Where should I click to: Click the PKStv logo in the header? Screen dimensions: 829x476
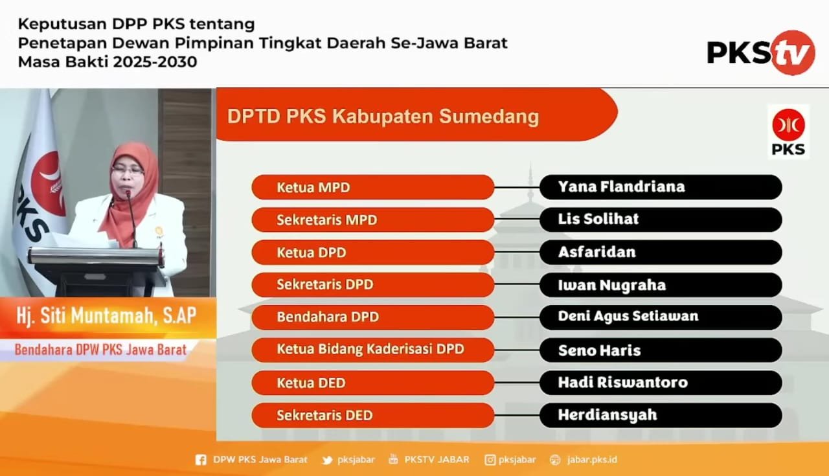761,52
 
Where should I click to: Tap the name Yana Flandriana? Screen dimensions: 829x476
621,187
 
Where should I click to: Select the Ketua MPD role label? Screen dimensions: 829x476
313,187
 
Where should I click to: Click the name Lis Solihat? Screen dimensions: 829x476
598,219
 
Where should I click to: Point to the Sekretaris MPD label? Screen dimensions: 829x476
327,220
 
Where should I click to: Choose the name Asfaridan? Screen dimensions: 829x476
596,252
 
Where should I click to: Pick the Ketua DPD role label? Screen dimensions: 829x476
312,253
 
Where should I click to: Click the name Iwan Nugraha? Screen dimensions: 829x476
612,285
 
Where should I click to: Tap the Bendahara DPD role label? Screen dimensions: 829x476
328,317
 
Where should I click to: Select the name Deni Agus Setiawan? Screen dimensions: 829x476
628,317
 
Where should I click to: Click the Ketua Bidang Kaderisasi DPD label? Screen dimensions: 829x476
370,349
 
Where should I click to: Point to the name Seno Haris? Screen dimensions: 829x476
599,350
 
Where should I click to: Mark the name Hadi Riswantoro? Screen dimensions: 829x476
623,382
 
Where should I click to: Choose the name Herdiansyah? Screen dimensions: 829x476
608,415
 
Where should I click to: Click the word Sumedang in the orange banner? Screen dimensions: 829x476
489,117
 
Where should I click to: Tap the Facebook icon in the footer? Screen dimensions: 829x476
201,460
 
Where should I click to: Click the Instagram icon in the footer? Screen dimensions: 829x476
490,460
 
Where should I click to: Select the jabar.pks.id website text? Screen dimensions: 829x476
592,460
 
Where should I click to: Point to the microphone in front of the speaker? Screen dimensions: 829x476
131,218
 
